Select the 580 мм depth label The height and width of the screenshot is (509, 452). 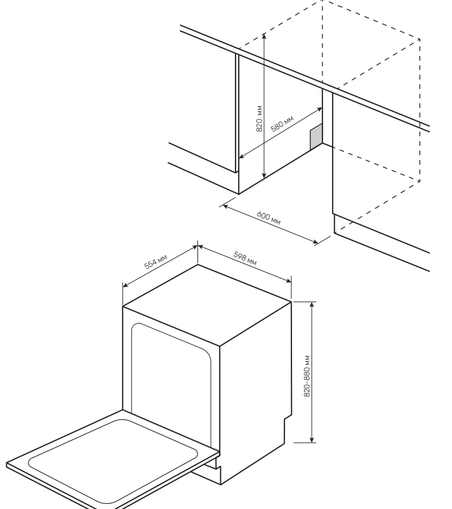tap(282, 124)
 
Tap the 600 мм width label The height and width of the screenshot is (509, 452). tap(269, 217)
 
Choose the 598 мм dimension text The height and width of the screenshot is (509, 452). tap(245, 258)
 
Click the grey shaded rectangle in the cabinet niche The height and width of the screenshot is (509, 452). tap(316, 137)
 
